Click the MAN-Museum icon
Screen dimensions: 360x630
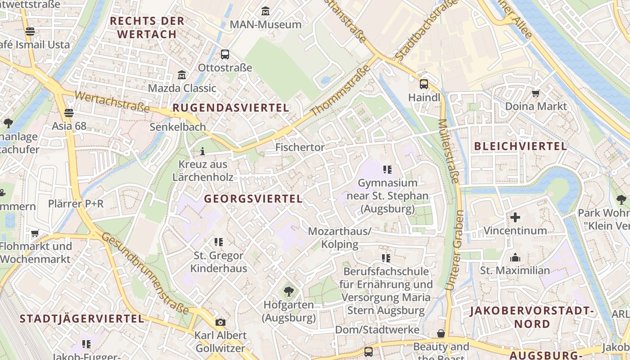point(265,10)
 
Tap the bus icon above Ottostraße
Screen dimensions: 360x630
point(225,54)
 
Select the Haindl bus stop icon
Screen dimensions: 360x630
point(424,84)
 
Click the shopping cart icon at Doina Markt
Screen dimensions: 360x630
point(535,93)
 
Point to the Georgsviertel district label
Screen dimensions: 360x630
point(253,198)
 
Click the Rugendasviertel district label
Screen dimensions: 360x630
point(231,108)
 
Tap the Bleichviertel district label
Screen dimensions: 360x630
point(521,146)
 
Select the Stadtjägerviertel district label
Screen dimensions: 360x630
point(82,319)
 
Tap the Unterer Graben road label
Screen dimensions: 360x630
point(454,250)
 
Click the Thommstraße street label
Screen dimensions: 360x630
point(341,90)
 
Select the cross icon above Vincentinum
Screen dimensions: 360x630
point(515,217)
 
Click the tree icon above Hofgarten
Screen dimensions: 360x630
point(288,292)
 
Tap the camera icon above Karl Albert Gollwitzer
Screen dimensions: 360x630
point(220,322)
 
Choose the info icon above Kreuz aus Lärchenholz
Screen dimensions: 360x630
point(202,151)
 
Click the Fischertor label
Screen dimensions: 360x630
point(300,147)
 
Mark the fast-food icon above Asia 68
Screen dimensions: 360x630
point(69,112)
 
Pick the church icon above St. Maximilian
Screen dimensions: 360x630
point(515,257)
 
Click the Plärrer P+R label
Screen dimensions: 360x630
point(76,204)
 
